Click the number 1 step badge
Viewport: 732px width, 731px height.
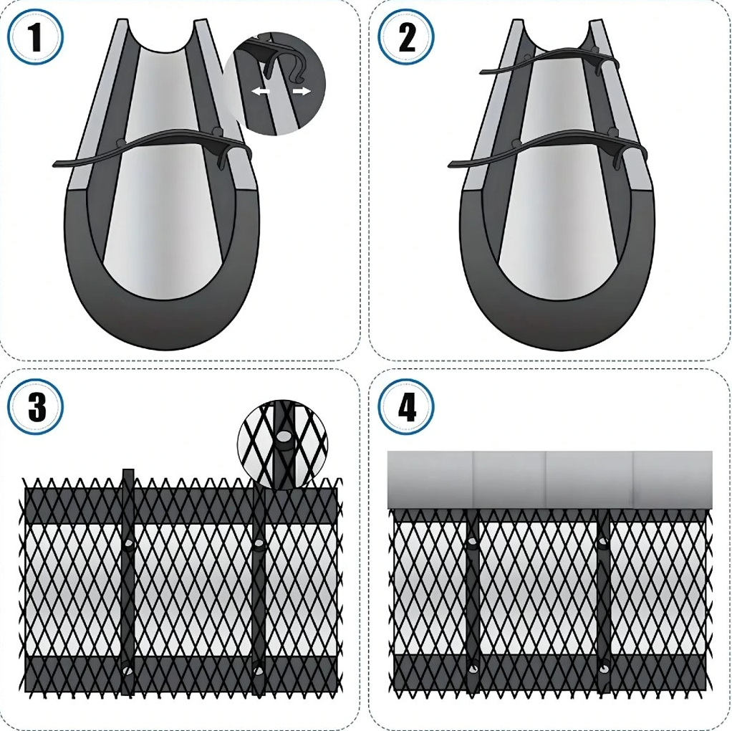pyautogui.click(x=36, y=37)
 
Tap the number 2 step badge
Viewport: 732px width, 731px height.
pyautogui.click(x=406, y=37)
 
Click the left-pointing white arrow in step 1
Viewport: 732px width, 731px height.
pyautogui.click(x=261, y=92)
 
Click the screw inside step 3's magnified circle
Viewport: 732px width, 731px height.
pyautogui.click(x=282, y=436)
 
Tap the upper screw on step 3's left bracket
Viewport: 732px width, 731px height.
pyautogui.click(x=128, y=543)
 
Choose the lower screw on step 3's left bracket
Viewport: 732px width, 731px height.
pyautogui.click(x=127, y=670)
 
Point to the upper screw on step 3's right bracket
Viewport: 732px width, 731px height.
pyautogui.click(x=259, y=543)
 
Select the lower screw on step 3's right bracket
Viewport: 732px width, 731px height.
pyautogui.click(x=258, y=670)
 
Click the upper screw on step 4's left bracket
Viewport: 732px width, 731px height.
pyautogui.click(x=473, y=542)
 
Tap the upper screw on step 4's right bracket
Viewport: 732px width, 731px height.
pyautogui.click(x=604, y=541)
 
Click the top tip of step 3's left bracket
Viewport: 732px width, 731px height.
pyautogui.click(x=128, y=469)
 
